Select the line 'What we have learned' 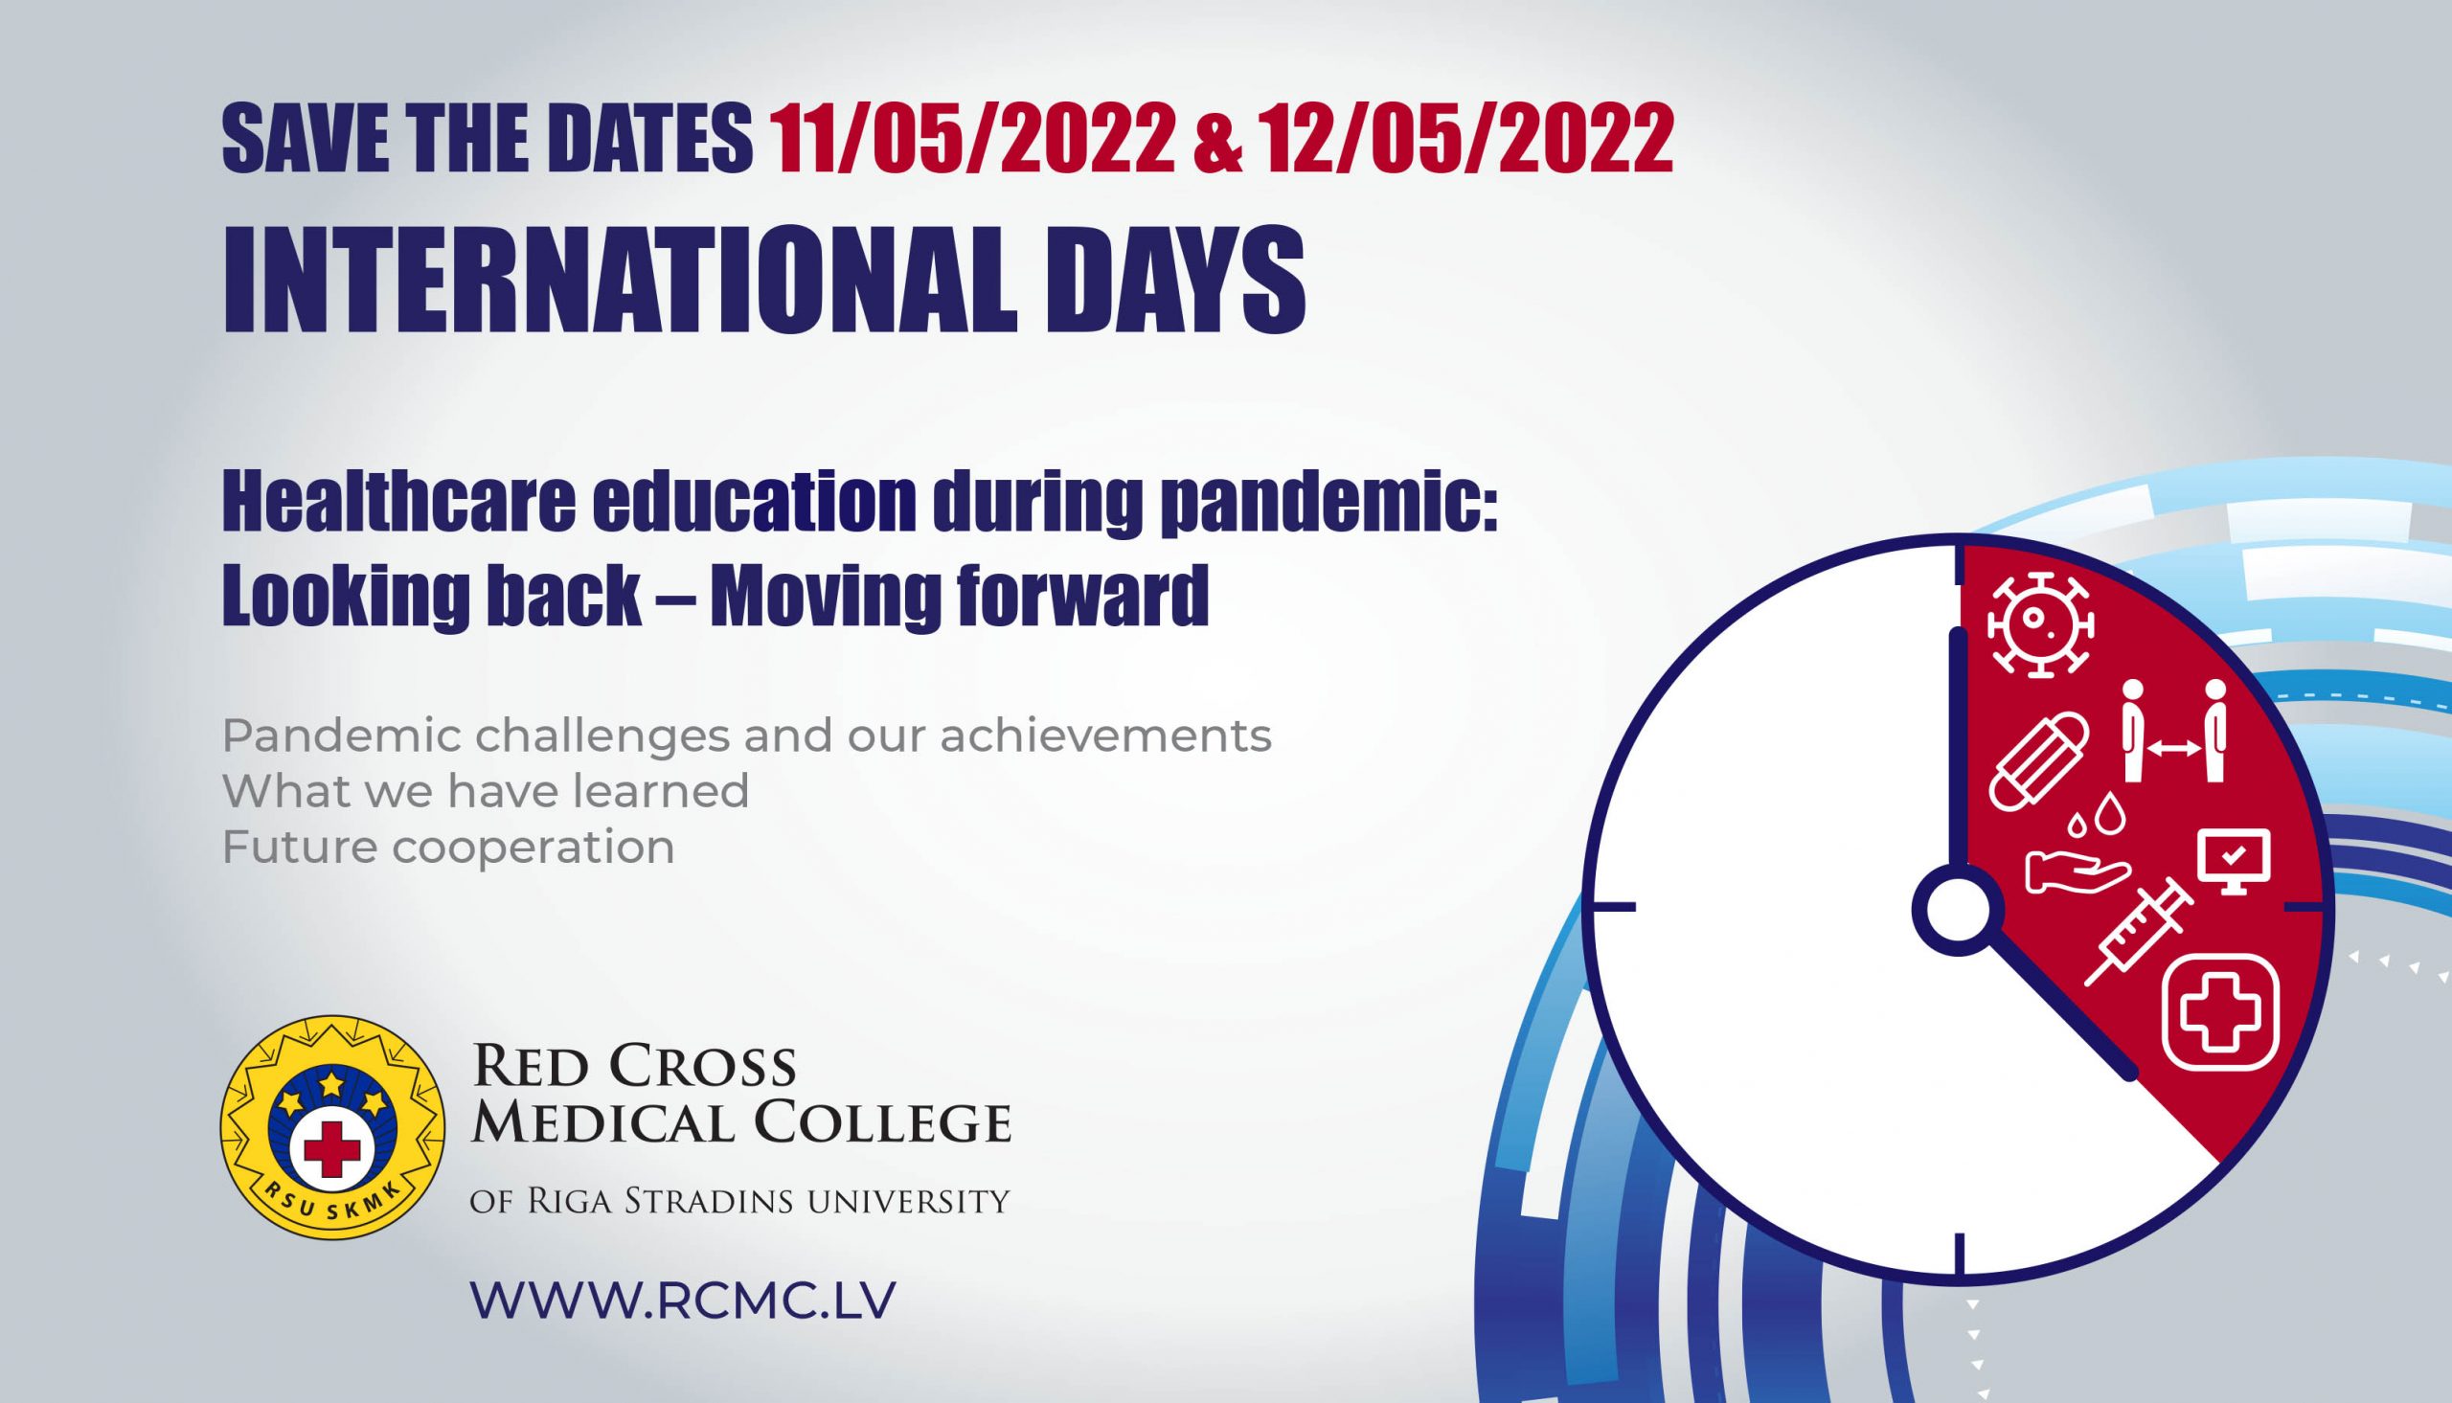tap(486, 792)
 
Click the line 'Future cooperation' tap(448, 848)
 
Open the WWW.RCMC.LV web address tap(683, 1300)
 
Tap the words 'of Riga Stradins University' tap(740, 1202)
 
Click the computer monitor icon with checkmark tap(2233, 861)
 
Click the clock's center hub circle tap(1959, 911)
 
